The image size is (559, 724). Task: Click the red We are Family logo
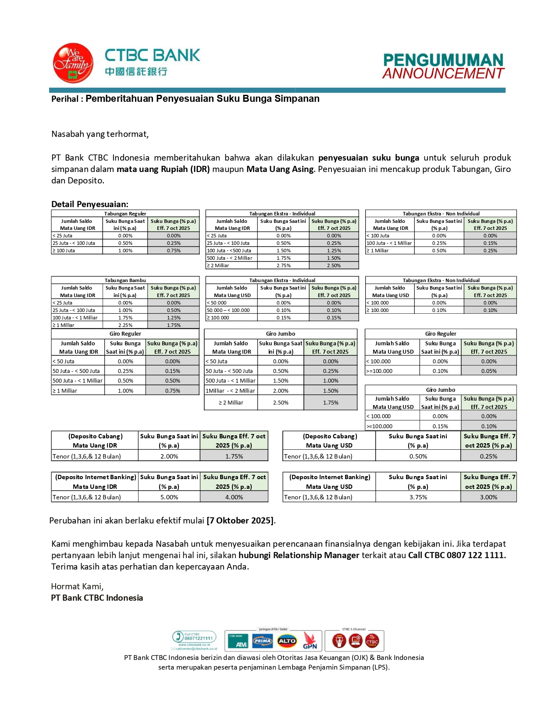pyautogui.click(x=73, y=63)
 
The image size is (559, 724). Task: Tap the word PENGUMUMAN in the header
pyautogui.click(x=443, y=60)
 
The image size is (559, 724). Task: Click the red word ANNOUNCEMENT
pyautogui.click(x=443, y=74)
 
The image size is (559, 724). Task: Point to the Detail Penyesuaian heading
pyautogui.click(x=89, y=204)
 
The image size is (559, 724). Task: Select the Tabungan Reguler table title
pyautogui.click(x=125, y=214)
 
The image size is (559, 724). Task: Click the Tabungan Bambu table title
pyautogui.click(x=125, y=280)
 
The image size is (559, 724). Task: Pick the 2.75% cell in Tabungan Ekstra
pyautogui.click(x=283, y=265)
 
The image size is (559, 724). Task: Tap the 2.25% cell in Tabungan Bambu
pyautogui.click(x=125, y=325)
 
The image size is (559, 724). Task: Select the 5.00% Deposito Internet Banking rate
pyautogui.click(x=169, y=497)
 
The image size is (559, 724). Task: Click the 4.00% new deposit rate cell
pyautogui.click(x=234, y=497)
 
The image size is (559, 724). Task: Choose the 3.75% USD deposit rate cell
pyautogui.click(x=418, y=497)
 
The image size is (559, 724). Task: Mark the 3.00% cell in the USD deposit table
pyautogui.click(x=488, y=497)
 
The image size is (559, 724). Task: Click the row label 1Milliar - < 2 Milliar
pyautogui.click(x=231, y=391)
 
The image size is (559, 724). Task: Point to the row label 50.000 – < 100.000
pyautogui.click(x=228, y=310)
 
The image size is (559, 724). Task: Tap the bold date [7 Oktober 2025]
pyautogui.click(x=240, y=521)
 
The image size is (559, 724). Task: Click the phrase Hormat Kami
pyautogui.click(x=77, y=587)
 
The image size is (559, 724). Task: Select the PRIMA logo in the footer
pyautogui.click(x=262, y=641)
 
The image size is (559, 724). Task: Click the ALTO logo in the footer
pyautogui.click(x=287, y=641)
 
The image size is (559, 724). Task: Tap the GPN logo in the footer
pyautogui.click(x=310, y=642)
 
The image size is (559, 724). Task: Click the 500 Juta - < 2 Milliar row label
pyautogui.click(x=229, y=258)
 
